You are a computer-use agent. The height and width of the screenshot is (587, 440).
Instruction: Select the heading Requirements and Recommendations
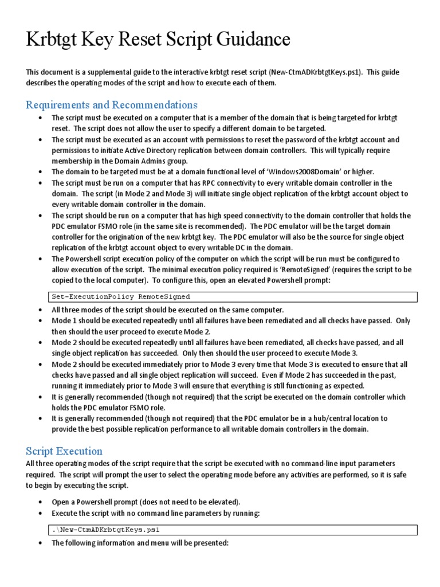[112, 105]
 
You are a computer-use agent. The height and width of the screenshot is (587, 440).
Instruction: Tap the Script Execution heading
[64, 451]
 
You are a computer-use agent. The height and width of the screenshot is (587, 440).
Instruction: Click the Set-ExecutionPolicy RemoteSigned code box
[232, 297]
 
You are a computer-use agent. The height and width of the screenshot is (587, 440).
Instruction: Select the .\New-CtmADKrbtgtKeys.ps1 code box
[232, 530]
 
